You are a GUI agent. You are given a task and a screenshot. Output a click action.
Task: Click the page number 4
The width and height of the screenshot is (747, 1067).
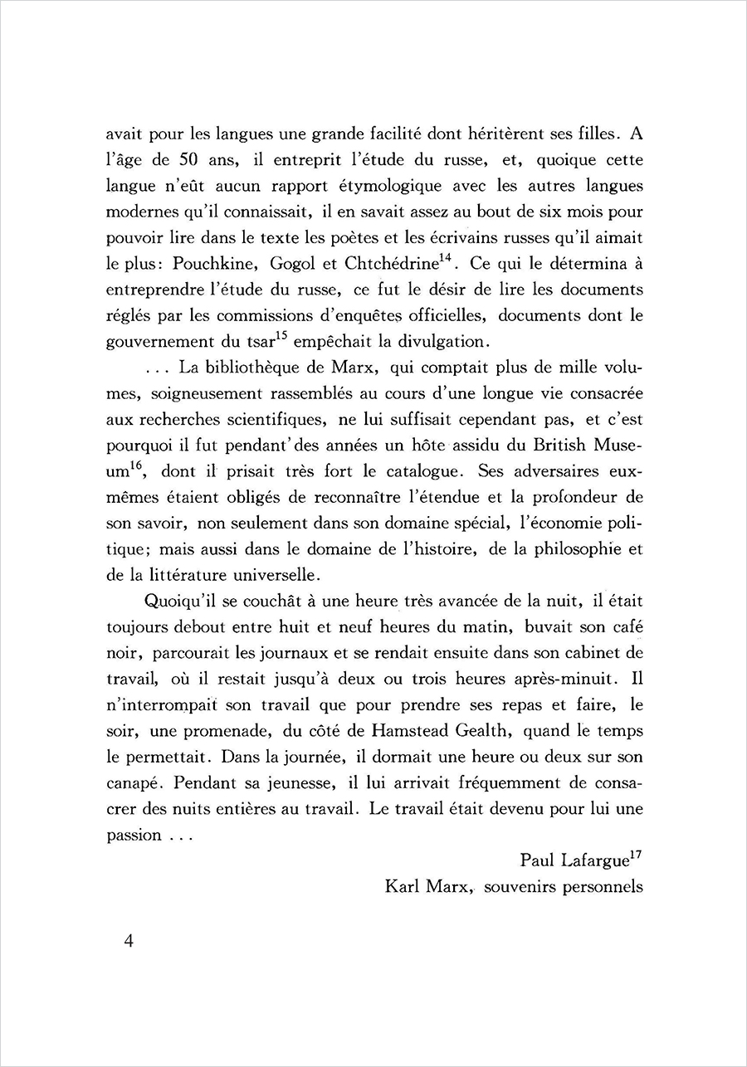(128, 943)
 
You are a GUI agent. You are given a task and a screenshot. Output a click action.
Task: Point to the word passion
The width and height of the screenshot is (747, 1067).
(134, 835)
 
